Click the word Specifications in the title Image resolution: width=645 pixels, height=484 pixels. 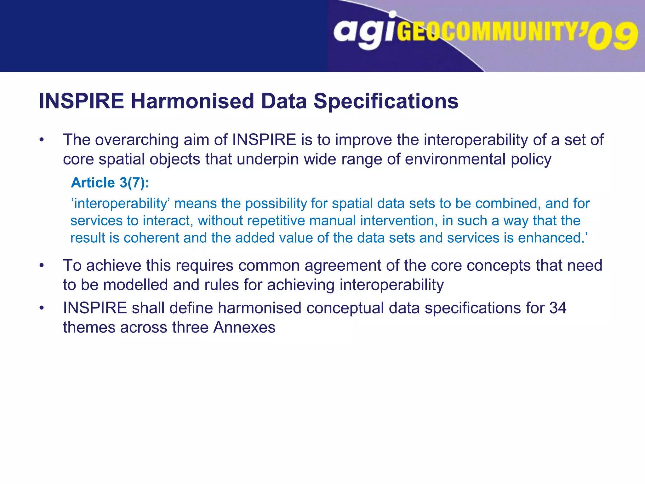tap(386, 101)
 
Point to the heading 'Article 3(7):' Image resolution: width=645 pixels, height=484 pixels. tap(110, 183)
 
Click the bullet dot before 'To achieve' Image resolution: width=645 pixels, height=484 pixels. tap(42, 266)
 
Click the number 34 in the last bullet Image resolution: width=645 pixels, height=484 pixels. tap(558, 308)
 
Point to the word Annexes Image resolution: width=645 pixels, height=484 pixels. tap(244, 327)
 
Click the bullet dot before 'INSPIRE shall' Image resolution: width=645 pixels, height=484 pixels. tap(42, 308)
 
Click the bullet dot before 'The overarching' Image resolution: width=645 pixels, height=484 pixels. tap(42, 140)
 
